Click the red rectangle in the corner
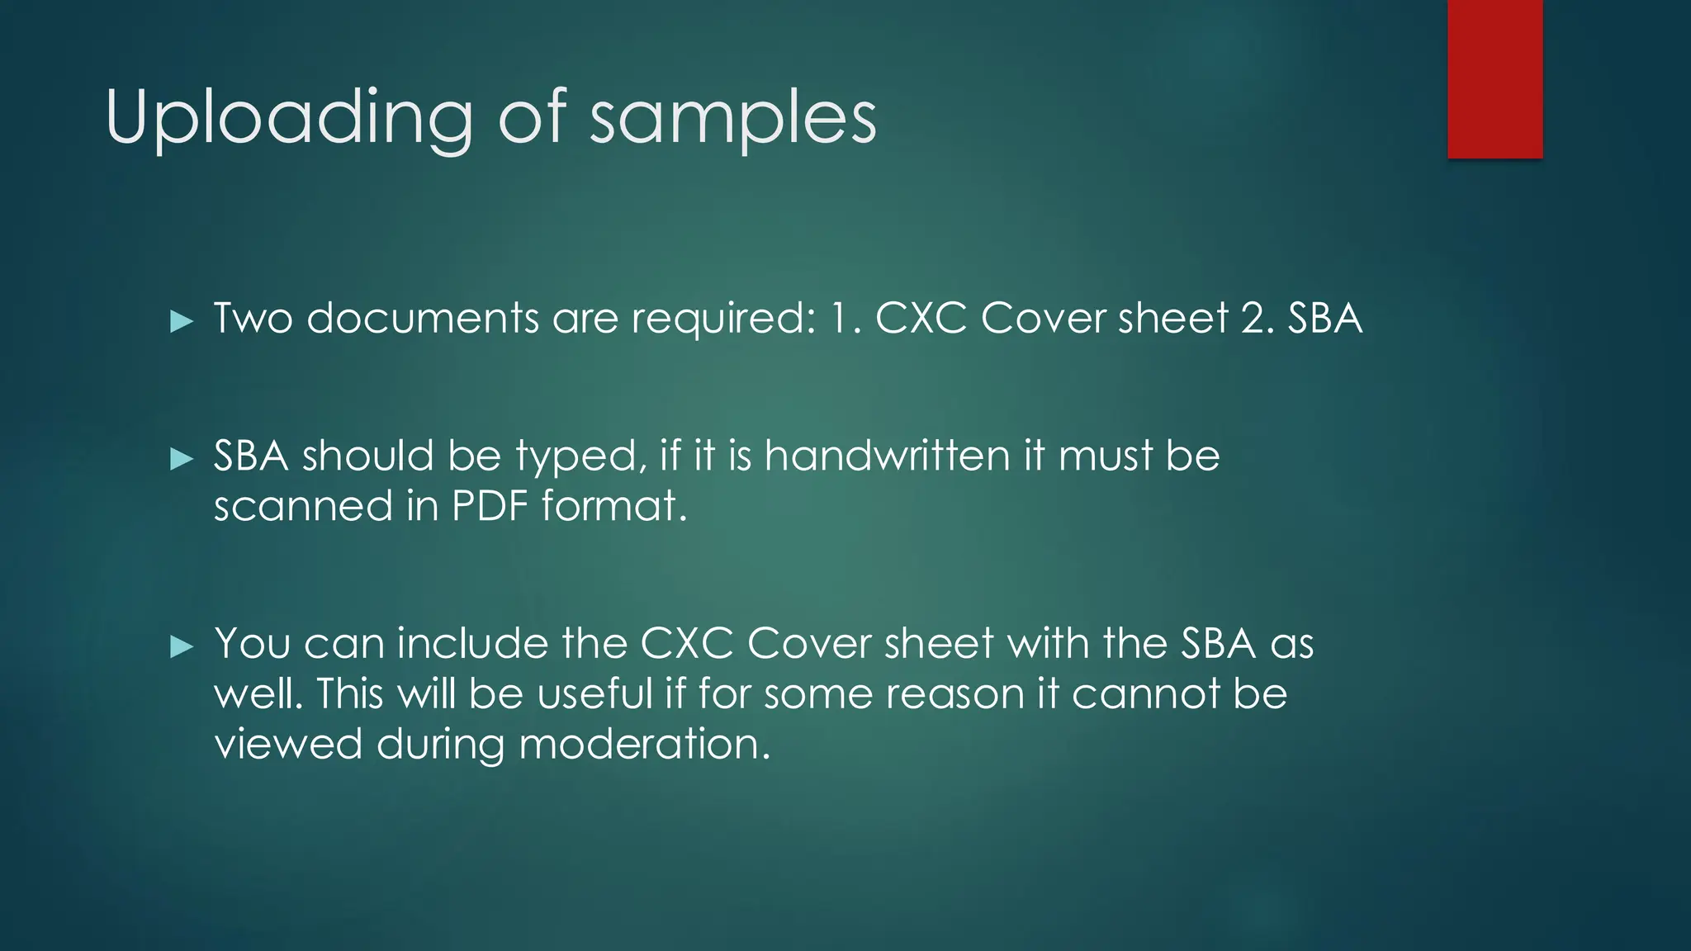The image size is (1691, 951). click(1494, 78)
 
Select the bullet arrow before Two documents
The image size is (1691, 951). click(181, 321)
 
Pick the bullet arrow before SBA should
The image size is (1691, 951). click(181, 459)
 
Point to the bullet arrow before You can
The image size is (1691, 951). click(181, 646)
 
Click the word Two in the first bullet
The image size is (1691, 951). click(253, 319)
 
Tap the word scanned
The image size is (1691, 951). click(303, 506)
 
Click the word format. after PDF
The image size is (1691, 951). click(614, 505)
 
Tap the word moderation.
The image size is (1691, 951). click(644, 744)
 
